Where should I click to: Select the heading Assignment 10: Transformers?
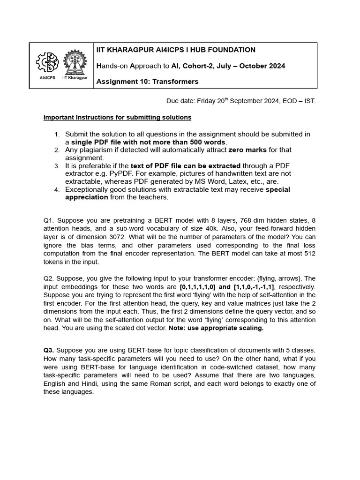147,82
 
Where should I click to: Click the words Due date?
180,101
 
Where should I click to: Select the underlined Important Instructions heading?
117,117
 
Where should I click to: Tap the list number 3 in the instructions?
57,166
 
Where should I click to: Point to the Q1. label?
49,220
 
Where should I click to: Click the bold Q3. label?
49,350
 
